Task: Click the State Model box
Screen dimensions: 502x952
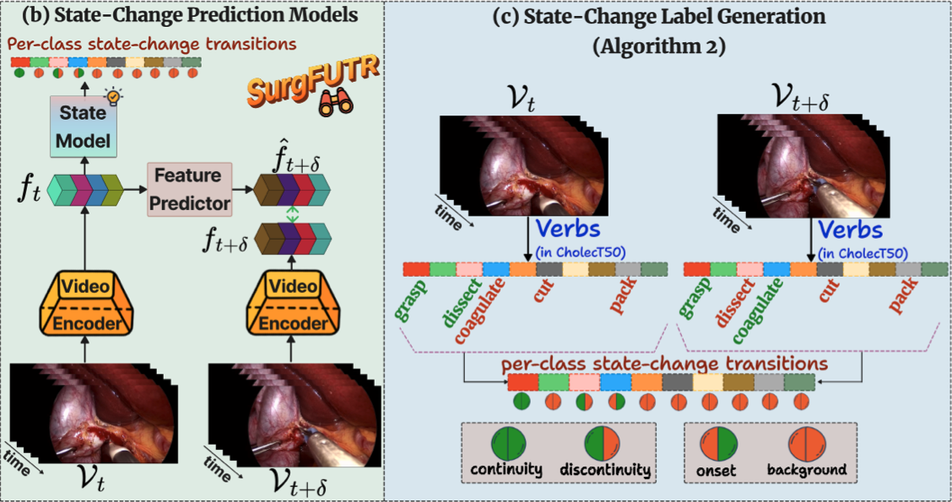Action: pos(81,127)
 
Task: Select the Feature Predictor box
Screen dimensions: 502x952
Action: pos(187,190)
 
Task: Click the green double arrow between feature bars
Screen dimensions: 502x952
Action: pos(292,215)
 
